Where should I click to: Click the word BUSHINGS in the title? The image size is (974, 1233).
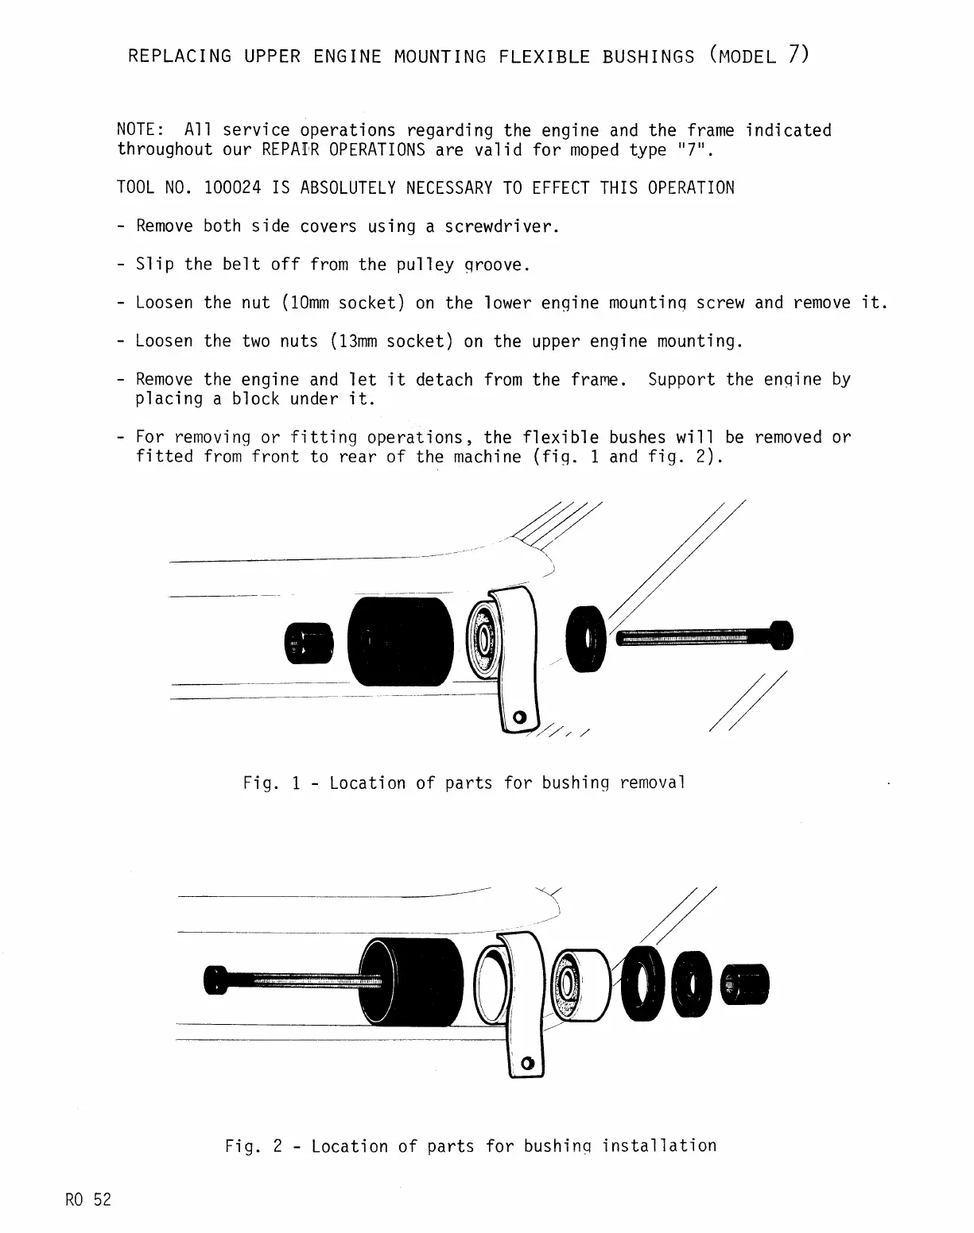(x=648, y=56)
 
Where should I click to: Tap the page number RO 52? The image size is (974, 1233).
(x=88, y=1200)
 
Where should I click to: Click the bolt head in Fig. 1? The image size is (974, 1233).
(x=782, y=635)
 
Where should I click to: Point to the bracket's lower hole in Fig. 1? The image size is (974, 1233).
(x=520, y=718)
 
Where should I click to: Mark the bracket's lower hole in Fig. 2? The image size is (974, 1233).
(x=526, y=1063)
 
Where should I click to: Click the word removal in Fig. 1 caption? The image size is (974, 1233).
(x=652, y=783)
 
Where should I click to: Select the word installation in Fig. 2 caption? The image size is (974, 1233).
(x=659, y=1146)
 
